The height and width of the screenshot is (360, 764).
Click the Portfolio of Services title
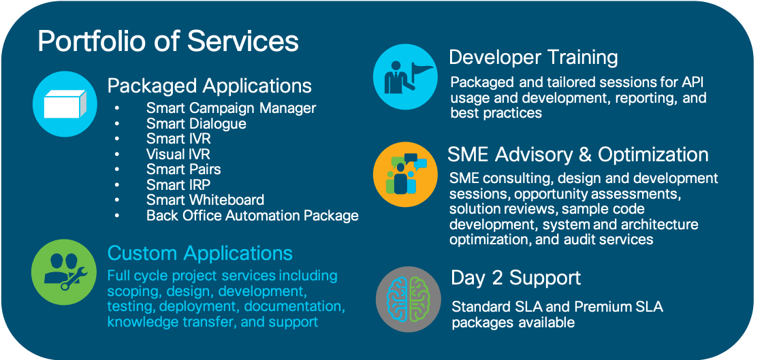click(168, 41)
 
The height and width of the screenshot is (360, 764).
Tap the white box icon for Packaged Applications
click(65, 103)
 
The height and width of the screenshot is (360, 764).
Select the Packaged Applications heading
click(210, 86)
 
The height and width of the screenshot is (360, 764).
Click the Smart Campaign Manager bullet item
click(231, 108)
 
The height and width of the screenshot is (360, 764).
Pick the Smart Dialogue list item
click(196, 123)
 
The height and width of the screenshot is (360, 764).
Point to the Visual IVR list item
click(178, 154)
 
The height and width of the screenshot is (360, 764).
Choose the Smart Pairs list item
click(184, 169)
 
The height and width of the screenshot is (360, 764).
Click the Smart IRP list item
click(178, 184)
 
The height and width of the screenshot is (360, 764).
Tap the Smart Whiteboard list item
click(205, 199)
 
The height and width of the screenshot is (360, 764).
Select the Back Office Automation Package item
click(253, 215)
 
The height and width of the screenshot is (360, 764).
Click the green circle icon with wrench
click(64, 272)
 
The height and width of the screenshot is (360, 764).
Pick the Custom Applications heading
click(200, 253)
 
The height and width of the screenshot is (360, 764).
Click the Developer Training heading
click(533, 57)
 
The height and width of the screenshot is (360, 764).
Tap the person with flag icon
click(405, 76)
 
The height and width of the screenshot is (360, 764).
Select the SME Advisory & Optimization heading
click(578, 154)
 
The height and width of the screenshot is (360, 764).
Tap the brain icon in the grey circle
click(409, 299)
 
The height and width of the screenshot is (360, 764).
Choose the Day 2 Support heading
click(516, 278)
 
